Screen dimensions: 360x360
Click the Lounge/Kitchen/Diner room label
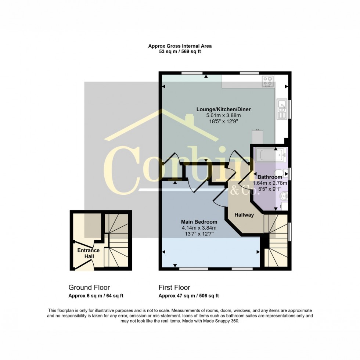(x=223, y=109)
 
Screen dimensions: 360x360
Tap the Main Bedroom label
(x=199, y=222)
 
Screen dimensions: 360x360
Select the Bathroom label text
(x=270, y=177)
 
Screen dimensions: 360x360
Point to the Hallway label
(x=244, y=215)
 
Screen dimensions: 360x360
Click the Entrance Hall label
(x=89, y=253)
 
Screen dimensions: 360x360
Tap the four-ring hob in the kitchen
(x=268, y=82)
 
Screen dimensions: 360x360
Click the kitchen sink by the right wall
(x=281, y=109)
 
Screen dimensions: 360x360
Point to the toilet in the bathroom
(x=281, y=173)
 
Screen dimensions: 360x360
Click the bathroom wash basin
(x=284, y=196)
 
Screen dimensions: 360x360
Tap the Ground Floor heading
(x=89, y=287)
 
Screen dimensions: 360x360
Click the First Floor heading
(x=174, y=287)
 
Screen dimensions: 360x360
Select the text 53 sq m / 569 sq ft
(x=180, y=51)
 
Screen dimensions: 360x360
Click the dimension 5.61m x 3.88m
(x=223, y=115)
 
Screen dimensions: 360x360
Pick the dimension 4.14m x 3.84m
(x=199, y=228)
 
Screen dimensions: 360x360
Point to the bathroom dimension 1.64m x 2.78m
(x=270, y=183)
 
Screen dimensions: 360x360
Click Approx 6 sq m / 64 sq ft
(x=96, y=296)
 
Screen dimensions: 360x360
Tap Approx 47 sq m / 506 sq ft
(x=189, y=296)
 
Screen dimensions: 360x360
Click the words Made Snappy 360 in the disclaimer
(x=221, y=321)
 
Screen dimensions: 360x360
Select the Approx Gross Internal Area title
(x=180, y=46)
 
